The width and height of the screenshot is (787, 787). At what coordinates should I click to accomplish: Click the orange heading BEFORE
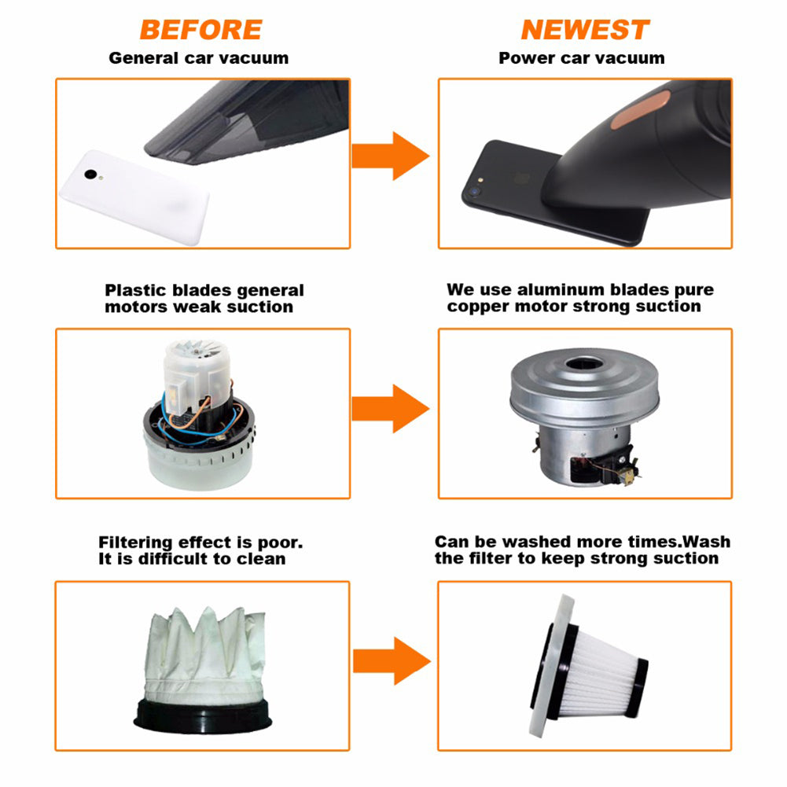200,30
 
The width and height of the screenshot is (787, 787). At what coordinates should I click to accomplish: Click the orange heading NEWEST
585,30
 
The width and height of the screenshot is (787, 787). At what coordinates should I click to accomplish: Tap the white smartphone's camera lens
91,175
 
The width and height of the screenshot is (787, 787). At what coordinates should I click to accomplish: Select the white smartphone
134,197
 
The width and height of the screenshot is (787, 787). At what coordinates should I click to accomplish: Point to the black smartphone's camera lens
473,192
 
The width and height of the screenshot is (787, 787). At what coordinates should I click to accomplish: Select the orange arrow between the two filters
392,661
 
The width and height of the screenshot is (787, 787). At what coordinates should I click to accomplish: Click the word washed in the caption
536,542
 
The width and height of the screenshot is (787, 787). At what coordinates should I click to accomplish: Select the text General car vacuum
199,58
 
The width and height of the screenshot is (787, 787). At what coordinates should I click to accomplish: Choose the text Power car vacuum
582,58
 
